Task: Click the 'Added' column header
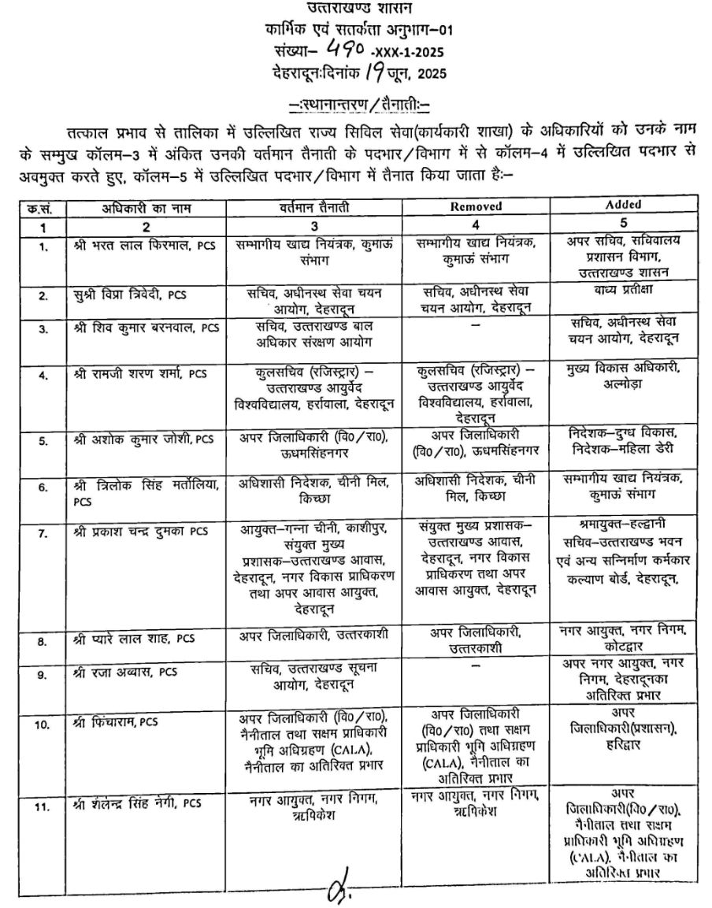(625, 205)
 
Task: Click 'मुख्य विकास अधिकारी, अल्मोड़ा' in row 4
(625, 376)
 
